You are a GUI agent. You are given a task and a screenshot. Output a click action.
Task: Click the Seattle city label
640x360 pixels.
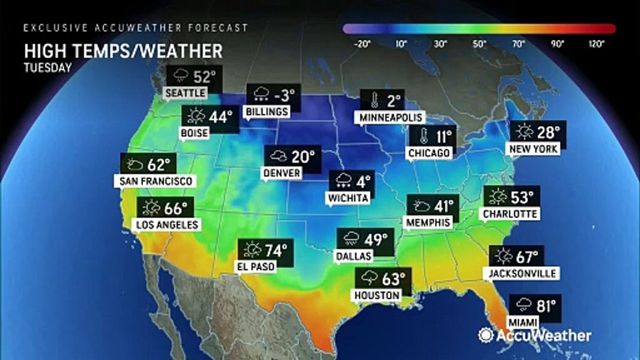pyautogui.click(x=185, y=93)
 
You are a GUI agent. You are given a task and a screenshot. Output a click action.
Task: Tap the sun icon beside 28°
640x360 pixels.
pyautogui.click(x=524, y=132)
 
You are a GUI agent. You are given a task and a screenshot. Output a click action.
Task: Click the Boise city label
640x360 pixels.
pyautogui.click(x=195, y=132)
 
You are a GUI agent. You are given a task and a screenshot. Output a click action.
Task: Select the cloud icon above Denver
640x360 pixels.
pyautogui.click(x=277, y=156)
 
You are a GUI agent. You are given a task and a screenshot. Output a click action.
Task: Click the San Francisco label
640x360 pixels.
pyautogui.click(x=155, y=180)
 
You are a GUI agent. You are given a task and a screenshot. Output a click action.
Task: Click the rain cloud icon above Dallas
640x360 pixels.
pyautogui.click(x=350, y=239)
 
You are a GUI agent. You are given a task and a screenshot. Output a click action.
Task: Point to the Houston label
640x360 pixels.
pyautogui.click(x=377, y=295)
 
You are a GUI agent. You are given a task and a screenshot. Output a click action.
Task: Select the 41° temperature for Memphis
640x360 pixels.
pyautogui.click(x=442, y=205)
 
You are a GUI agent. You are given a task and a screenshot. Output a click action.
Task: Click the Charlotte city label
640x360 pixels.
pyautogui.click(x=509, y=214)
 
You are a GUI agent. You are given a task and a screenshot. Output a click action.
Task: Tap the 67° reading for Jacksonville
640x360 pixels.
pyautogui.click(x=527, y=257)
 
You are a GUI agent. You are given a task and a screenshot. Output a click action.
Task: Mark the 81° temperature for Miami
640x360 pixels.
pyautogui.click(x=545, y=304)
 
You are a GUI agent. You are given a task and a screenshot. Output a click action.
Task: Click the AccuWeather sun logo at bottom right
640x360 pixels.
pyautogui.click(x=485, y=335)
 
